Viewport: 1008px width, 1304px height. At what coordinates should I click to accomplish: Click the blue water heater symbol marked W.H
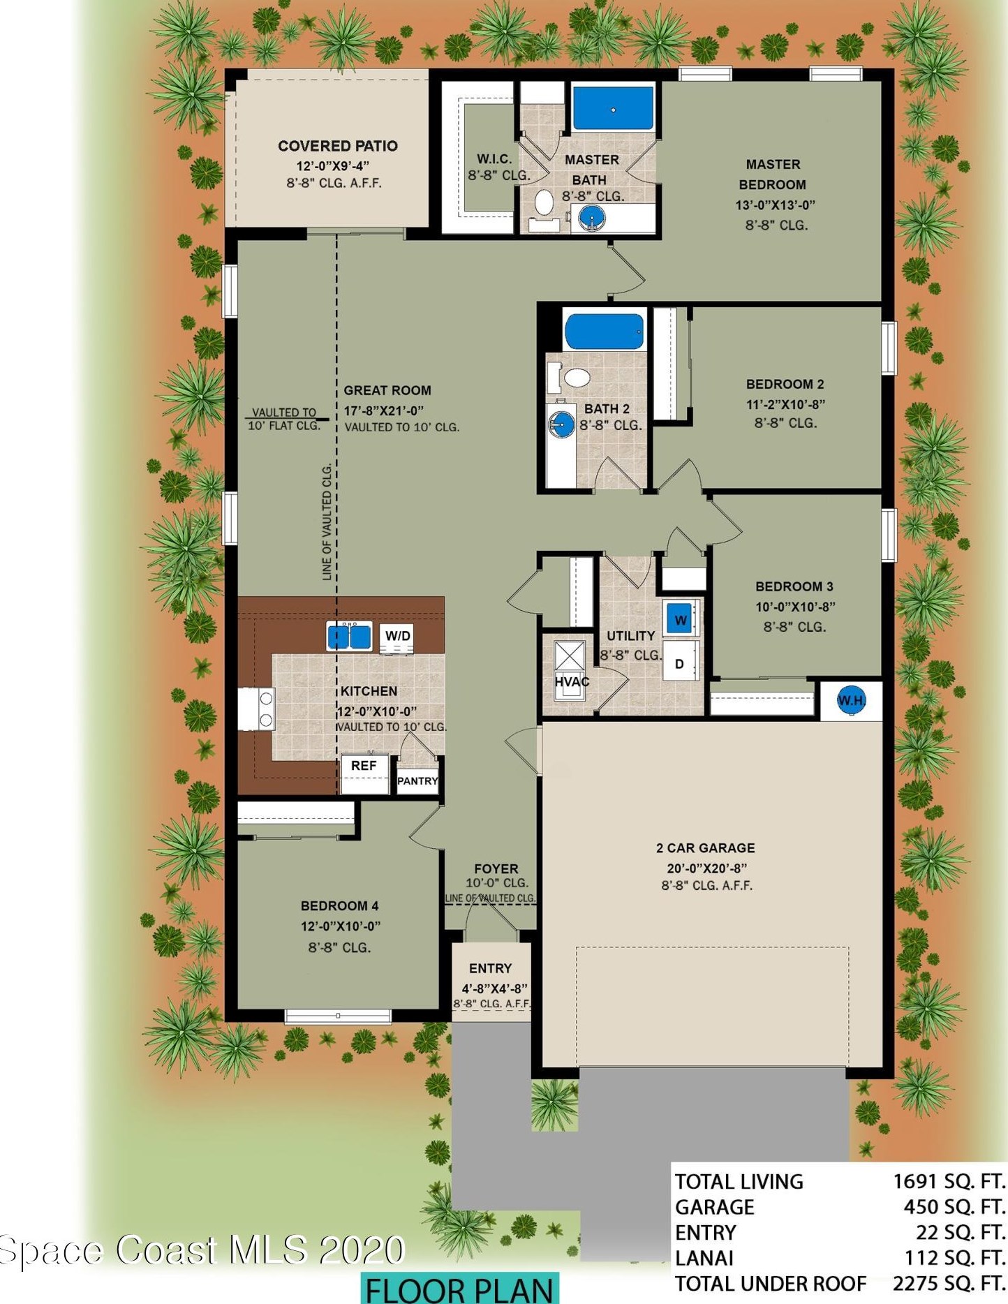click(850, 700)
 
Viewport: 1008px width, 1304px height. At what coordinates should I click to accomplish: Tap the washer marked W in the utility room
click(681, 618)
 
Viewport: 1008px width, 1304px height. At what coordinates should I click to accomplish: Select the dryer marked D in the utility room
click(680, 664)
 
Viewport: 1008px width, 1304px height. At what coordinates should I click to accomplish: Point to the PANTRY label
click(417, 781)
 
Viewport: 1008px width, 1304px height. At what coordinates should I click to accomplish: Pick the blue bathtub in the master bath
click(613, 109)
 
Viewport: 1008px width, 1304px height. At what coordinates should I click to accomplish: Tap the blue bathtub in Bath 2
click(604, 332)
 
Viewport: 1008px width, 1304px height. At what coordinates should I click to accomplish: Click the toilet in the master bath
click(543, 202)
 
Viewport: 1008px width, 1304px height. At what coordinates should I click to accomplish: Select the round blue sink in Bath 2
click(560, 424)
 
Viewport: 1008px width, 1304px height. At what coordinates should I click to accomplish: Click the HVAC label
click(572, 681)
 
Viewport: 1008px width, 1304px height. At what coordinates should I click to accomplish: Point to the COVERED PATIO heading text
click(338, 146)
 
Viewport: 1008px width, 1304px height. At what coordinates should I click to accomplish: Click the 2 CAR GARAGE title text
click(705, 848)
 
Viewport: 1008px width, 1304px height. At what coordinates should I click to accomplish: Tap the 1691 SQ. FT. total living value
click(949, 1182)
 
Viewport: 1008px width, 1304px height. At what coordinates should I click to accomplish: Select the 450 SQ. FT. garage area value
click(954, 1207)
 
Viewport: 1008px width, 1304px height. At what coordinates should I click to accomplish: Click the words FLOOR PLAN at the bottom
click(459, 1290)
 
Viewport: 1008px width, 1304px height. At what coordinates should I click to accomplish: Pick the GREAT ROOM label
click(387, 390)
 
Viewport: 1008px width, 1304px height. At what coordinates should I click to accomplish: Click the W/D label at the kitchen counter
click(398, 636)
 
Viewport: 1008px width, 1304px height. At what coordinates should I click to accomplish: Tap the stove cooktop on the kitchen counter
click(256, 709)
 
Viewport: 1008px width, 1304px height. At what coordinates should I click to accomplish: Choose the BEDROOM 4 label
click(339, 905)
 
